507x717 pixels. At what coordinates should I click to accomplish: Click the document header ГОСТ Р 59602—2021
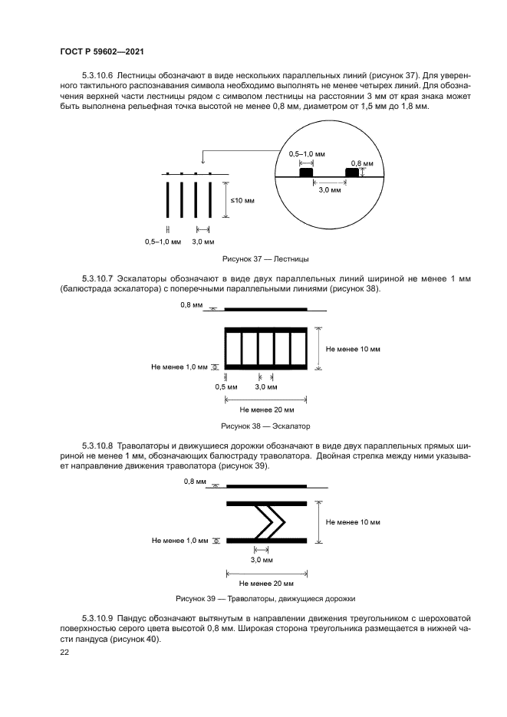pyautogui.click(x=102, y=51)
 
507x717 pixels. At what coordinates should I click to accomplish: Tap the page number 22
pyautogui.click(x=64, y=653)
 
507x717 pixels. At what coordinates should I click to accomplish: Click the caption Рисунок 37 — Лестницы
pyautogui.click(x=265, y=259)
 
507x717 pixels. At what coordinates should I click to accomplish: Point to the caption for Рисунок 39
pyautogui.click(x=265, y=599)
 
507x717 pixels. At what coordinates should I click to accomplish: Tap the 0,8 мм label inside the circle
pyautogui.click(x=362, y=164)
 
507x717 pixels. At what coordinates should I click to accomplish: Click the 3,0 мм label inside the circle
pyautogui.click(x=329, y=189)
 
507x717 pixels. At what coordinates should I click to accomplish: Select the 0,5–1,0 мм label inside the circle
pyautogui.click(x=306, y=154)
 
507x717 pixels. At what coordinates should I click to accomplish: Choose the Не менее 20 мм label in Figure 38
pyautogui.click(x=265, y=409)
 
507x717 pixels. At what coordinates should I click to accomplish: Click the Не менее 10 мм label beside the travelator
pyautogui.click(x=353, y=521)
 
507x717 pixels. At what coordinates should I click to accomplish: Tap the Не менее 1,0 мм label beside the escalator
pyautogui.click(x=179, y=367)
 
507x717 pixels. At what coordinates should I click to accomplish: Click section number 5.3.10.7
pyautogui.click(x=97, y=277)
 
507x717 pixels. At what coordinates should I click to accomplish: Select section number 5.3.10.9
pyautogui.click(x=97, y=617)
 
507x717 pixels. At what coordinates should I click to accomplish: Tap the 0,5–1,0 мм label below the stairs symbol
pyautogui.click(x=162, y=242)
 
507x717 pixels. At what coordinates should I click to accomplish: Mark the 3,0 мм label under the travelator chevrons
pyautogui.click(x=265, y=561)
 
